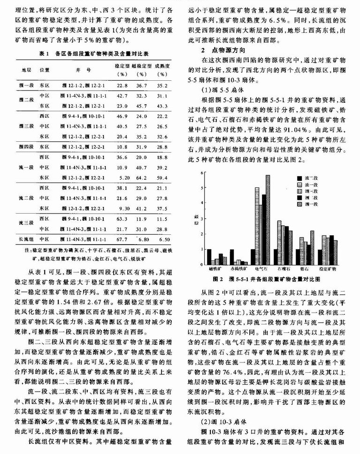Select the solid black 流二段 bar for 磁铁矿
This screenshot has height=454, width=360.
click(x=209, y=257)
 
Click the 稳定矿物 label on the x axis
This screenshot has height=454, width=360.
click(x=328, y=269)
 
